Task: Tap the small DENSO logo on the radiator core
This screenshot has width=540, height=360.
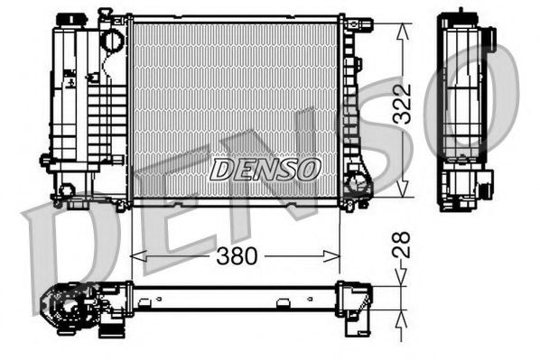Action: point(265,167)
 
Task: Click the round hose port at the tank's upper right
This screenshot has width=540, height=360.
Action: point(112,40)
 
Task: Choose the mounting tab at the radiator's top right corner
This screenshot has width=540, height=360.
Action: point(356,22)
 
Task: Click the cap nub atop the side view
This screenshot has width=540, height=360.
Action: point(462,13)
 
